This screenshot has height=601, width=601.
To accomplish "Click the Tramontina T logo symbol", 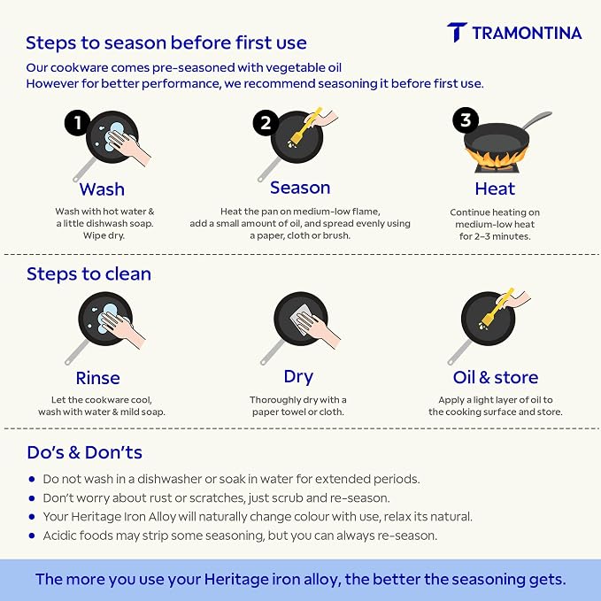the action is click(x=457, y=32).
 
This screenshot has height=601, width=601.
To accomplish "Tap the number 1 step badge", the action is click(x=77, y=123).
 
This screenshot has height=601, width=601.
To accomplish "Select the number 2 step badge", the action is click(x=266, y=123).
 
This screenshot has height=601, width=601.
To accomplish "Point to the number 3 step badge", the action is click(x=466, y=120).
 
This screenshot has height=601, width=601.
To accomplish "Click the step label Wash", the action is click(x=102, y=189).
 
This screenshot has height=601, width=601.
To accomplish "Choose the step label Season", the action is click(x=300, y=188).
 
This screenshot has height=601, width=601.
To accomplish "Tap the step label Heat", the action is click(x=495, y=189).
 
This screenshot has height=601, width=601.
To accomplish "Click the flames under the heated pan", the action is click(x=497, y=158).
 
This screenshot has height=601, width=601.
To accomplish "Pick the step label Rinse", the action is click(x=97, y=378).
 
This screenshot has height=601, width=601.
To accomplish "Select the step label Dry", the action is click(x=298, y=377).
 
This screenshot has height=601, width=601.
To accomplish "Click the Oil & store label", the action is click(x=495, y=378).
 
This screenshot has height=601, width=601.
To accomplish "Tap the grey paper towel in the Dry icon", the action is click(x=301, y=319).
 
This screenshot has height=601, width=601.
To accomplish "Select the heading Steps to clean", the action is click(x=89, y=274).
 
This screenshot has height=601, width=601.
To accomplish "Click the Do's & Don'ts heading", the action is click(x=84, y=452).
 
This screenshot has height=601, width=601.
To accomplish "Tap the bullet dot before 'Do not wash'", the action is click(x=32, y=479).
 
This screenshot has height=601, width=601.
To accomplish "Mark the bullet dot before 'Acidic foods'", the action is click(x=32, y=536).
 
